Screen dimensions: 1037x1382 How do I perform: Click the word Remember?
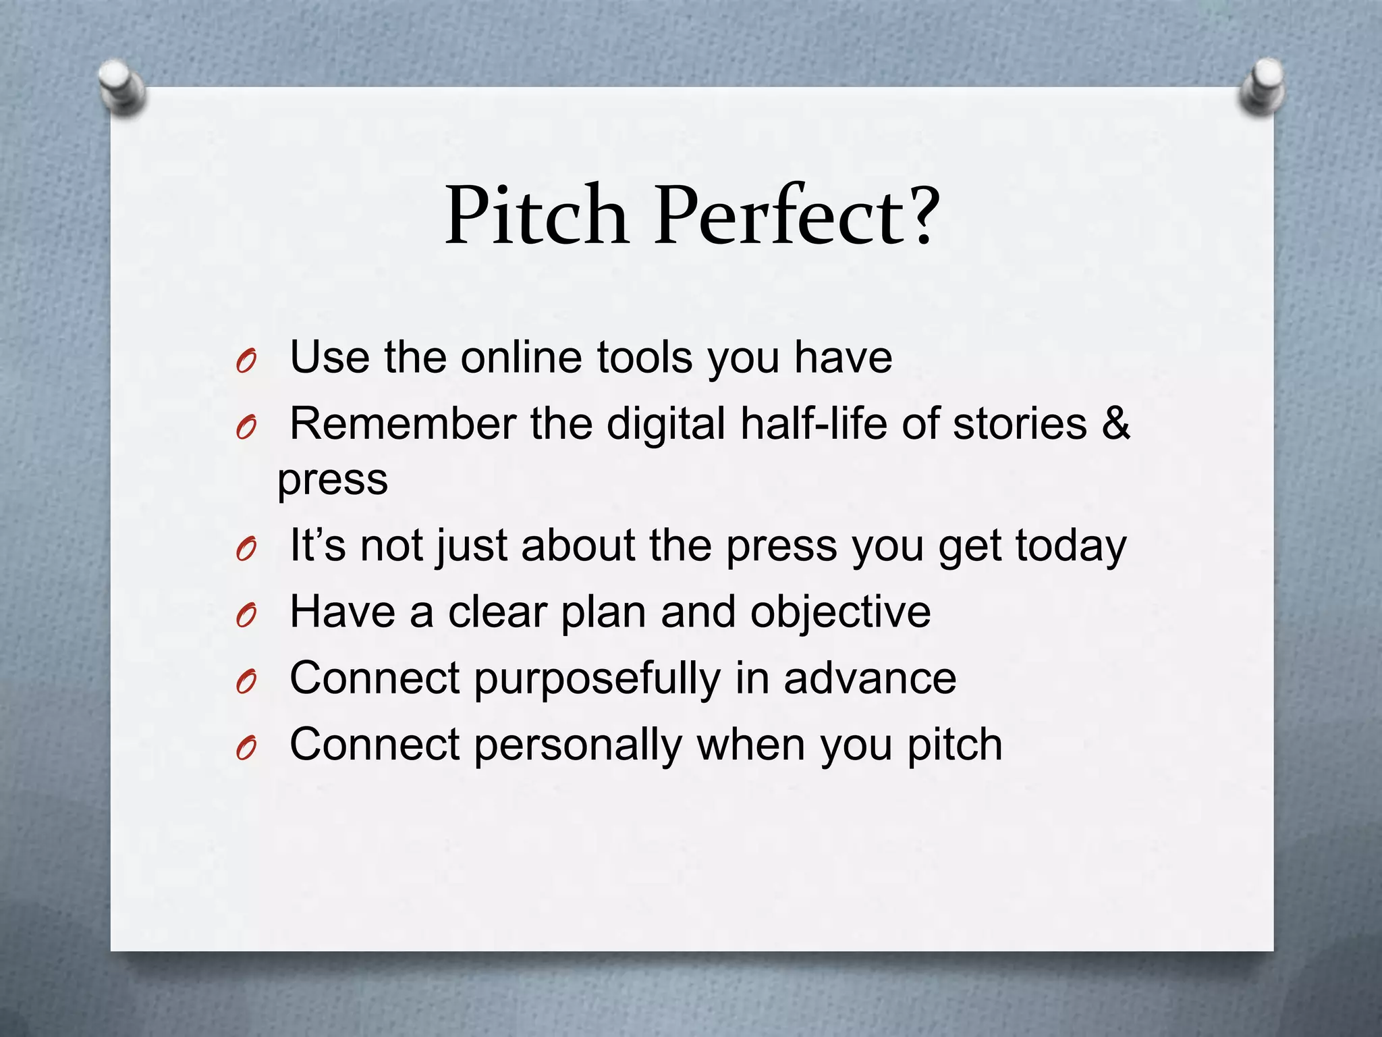coord(402,424)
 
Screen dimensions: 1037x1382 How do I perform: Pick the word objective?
coord(840,612)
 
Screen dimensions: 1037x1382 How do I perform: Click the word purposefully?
coord(598,679)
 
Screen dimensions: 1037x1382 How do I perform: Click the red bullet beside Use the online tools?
coord(246,363)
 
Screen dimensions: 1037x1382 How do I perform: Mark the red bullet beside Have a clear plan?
coord(246,616)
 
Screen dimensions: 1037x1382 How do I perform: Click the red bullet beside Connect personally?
coord(246,749)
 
